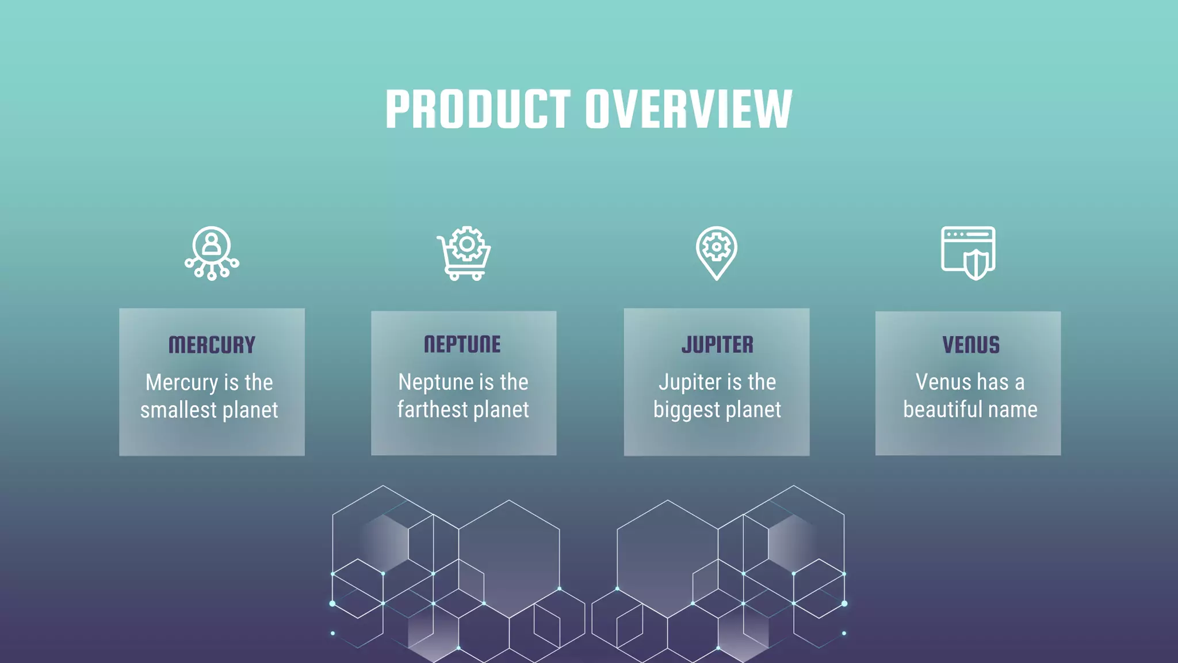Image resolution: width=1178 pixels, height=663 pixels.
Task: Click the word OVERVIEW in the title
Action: (x=689, y=109)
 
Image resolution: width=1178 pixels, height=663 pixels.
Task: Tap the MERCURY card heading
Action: (x=212, y=345)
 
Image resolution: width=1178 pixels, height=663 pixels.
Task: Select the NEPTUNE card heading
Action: (x=462, y=344)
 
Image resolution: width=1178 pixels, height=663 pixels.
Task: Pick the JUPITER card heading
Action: (x=717, y=345)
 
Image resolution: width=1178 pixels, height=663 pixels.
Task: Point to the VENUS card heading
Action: (x=970, y=345)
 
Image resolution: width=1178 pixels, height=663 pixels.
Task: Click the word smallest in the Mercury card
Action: (x=178, y=410)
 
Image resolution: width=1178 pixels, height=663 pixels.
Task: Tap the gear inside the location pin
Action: (x=717, y=247)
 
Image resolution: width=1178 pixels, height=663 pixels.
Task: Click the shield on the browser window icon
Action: (x=976, y=264)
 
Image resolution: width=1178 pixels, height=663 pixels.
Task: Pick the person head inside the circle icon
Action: (x=212, y=238)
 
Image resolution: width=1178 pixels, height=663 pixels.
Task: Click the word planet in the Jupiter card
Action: (x=753, y=410)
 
